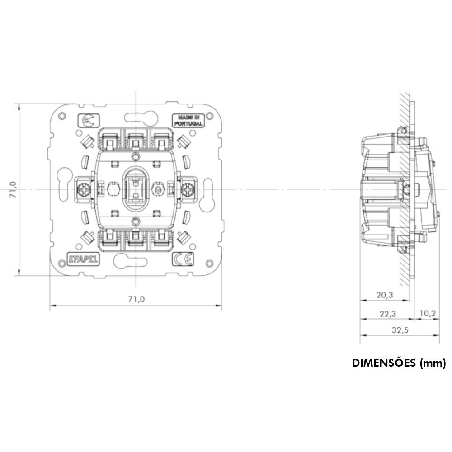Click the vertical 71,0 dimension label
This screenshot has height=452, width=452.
click(x=13, y=189)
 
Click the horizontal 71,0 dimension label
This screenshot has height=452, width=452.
click(x=136, y=299)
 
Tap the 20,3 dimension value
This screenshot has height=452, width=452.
click(x=385, y=295)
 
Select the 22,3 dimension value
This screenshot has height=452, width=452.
click(x=387, y=313)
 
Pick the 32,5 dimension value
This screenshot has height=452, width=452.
click(x=400, y=330)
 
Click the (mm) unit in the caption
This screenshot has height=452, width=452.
click(x=433, y=363)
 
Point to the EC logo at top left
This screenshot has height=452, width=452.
click(x=89, y=120)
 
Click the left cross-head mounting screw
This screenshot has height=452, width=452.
click(x=84, y=189)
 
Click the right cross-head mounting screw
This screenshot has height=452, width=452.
click(x=188, y=189)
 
